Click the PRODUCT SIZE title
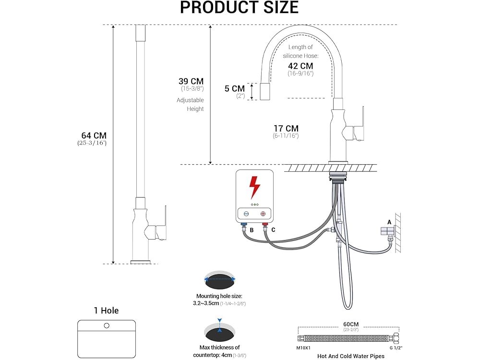pyautogui.click(x=240, y=7)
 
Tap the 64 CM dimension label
pyautogui.click(x=94, y=136)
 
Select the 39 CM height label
pyautogui.click(x=191, y=81)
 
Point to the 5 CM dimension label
pyautogui.click(x=235, y=88)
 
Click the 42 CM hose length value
pyautogui.click(x=300, y=66)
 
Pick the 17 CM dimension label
pyautogui.click(x=286, y=128)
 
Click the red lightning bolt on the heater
pyautogui.click(x=254, y=187)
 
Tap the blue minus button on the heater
pyautogui.click(x=246, y=214)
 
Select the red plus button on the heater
pyautogui.click(x=263, y=214)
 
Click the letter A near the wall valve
pyautogui.click(x=389, y=222)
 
